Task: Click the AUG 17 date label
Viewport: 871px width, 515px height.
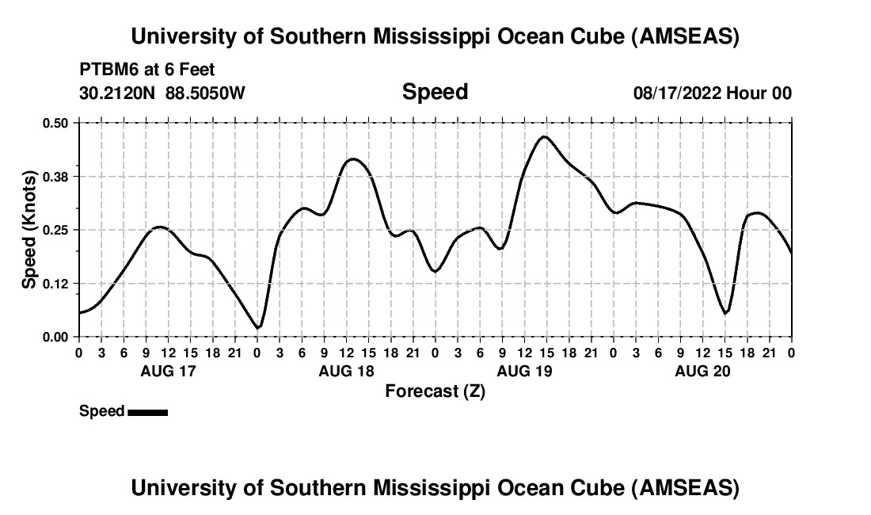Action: pyautogui.click(x=168, y=371)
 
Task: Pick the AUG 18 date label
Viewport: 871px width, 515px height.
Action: pyautogui.click(x=346, y=371)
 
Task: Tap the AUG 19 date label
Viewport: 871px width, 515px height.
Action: pyautogui.click(x=524, y=371)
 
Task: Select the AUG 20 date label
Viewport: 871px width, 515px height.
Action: pyautogui.click(x=702, y=371)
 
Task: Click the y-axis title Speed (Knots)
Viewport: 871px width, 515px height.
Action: pyautogui.click(x=29, y=230)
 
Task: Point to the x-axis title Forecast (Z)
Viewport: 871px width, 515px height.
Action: pyautogui.click(x=435, y=391)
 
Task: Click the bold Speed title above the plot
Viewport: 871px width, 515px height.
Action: pyautogui.click(x=435, y=92)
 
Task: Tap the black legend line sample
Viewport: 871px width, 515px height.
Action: pyautogui.click(x=147, y=412)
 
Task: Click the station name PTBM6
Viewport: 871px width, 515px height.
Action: pyautogui.click(x=106, y=70)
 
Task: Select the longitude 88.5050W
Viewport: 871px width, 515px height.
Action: pyautogui.click(x=205, y=93)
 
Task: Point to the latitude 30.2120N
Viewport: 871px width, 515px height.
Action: pyautogui.click(x=118, y=93)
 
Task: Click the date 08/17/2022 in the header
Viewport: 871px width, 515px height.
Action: pyautogui.click(x=677, y=93)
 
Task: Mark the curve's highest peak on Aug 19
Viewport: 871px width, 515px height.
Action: pyautogui.click(x=544, y=136)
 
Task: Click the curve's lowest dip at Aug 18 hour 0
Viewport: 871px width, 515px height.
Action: pyautogui.click(x=257, y=327)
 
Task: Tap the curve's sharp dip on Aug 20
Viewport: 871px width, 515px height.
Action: pyautogui.click(x=725, y=313)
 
